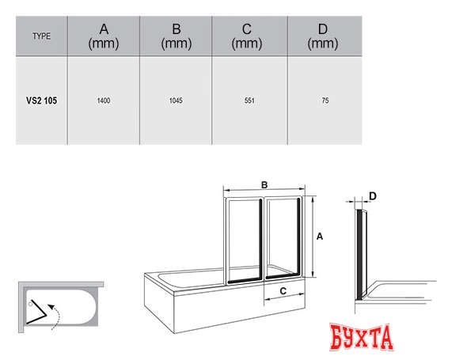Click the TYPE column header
tap(41, 36)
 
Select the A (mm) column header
tap(104, 36)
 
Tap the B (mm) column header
tap(177, 36)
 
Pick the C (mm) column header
tap(247, 36)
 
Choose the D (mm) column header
tap(323, 36)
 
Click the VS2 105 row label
tap(41, 100)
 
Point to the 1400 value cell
tap(104, 100)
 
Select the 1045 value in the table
tap(176, 100)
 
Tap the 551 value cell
tap(249, 100)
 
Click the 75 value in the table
tap(325, 100)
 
